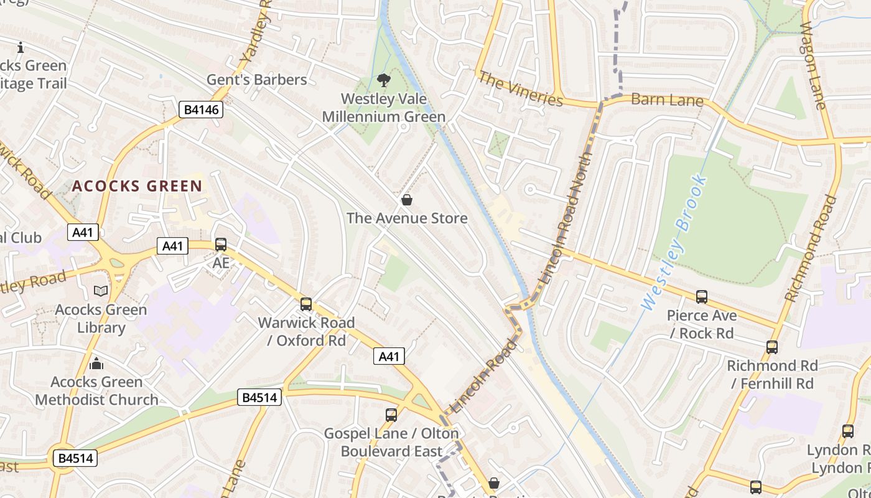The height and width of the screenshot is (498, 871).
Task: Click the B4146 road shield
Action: (x=202, y=110)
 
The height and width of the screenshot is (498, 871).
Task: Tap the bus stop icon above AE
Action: (x=221, y=245)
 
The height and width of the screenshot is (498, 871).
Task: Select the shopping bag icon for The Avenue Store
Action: (x=406, y=200)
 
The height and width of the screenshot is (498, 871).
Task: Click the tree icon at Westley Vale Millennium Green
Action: (x=383, y=80)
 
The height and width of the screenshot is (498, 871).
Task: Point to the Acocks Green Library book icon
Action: (x=100, y=291)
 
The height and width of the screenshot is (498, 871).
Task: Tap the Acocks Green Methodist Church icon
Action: (x=96, y=363)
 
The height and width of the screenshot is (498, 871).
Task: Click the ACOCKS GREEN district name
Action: (x=137, y=186)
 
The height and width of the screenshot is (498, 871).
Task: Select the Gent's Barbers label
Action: (x=257, y=80)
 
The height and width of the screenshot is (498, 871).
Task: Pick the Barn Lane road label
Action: (x=667, y=100)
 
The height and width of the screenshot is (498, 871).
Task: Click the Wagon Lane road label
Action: (x=812, y=65)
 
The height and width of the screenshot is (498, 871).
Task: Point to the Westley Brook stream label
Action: (x=674, y=243)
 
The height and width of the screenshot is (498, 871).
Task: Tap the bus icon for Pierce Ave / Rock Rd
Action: (x=702, y=297)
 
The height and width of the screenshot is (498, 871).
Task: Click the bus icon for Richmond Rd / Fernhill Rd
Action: (x=772, y=347)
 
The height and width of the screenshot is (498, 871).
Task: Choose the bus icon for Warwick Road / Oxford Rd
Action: (x=306, y=304)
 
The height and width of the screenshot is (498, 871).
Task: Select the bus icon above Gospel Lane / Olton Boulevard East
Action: (x=391, y=415)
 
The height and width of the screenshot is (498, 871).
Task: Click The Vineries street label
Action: (x=521, y=89)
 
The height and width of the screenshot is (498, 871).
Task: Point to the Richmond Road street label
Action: (x=811, y=248)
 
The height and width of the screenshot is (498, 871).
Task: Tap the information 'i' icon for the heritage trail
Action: (x=21, y=47)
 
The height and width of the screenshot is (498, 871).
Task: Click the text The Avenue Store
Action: (x=407, y=218)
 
